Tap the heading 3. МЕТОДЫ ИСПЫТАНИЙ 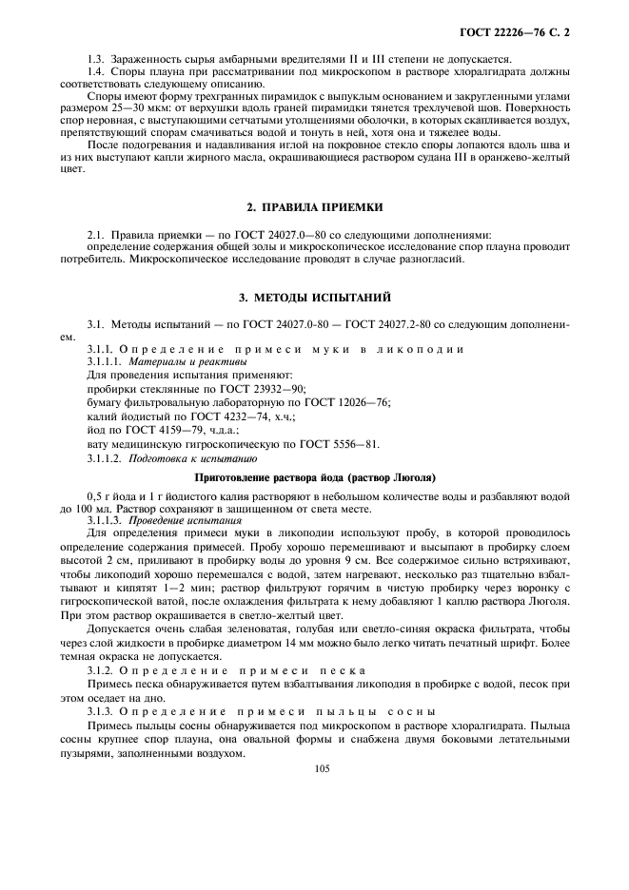click(314, 299)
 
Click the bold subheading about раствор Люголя click(315, 475)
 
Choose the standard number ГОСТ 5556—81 click(338, 443)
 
